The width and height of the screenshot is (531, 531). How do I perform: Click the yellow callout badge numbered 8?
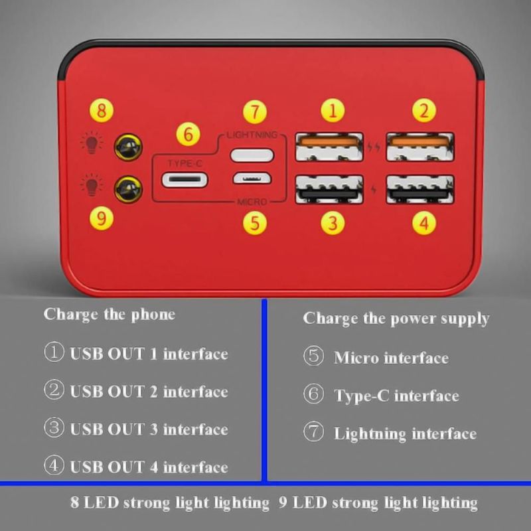[x=102, y=110]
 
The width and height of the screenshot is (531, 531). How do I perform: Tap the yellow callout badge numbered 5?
[x=255, y=223]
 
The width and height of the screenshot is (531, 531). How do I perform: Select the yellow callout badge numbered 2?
[x=423, y=110]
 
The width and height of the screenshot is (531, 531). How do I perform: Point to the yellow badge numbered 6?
[x=188, y=134]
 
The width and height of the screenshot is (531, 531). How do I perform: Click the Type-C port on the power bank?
[x=185, y=180]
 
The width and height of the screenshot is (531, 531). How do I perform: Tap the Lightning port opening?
[x=252, y=155]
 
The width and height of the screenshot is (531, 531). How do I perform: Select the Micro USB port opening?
[x=252, y=178]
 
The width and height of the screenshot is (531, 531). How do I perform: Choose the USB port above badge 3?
[x=329, y=189]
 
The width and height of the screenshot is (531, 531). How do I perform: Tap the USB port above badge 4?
[x=420, y=189]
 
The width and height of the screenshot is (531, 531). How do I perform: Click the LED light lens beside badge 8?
[x=128, y=147]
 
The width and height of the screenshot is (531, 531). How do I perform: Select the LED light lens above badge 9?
[x=128, y=189]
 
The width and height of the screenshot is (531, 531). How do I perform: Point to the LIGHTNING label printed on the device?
[x=252, y=135]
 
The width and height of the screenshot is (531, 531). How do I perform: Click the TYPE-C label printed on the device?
[x=185, y=163]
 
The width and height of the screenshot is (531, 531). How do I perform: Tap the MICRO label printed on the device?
[x=252, y=202]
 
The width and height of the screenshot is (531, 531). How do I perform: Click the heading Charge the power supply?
[x=396, y=319]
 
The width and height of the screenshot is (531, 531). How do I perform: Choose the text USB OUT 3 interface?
[x=149, y=429]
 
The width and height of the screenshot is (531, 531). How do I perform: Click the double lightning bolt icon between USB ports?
[x=374, y=147]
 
